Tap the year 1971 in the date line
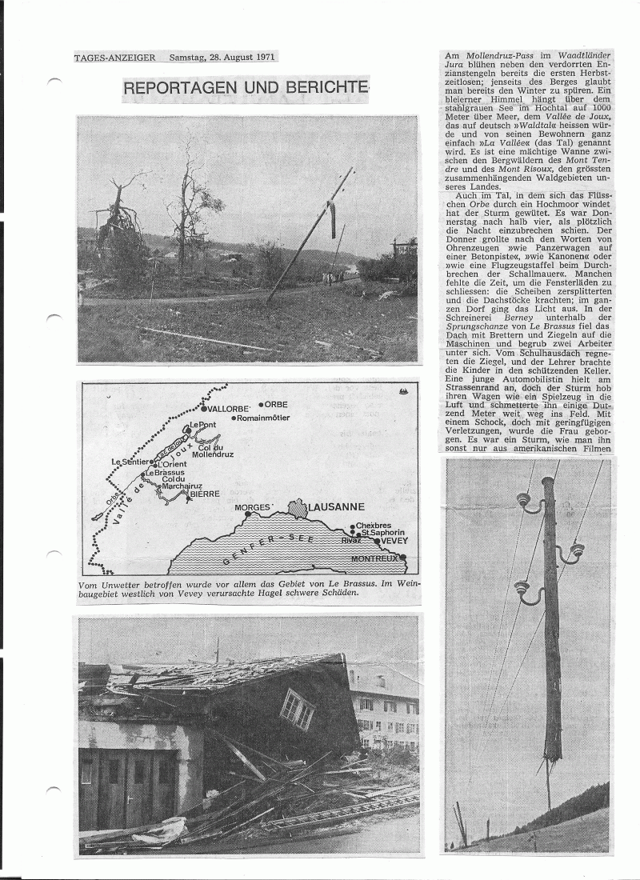click(264, 58)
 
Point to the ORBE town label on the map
click(276, 405)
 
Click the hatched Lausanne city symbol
click(298, 509)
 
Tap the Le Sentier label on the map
click(131, 462)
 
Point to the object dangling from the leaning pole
click(330, 218)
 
